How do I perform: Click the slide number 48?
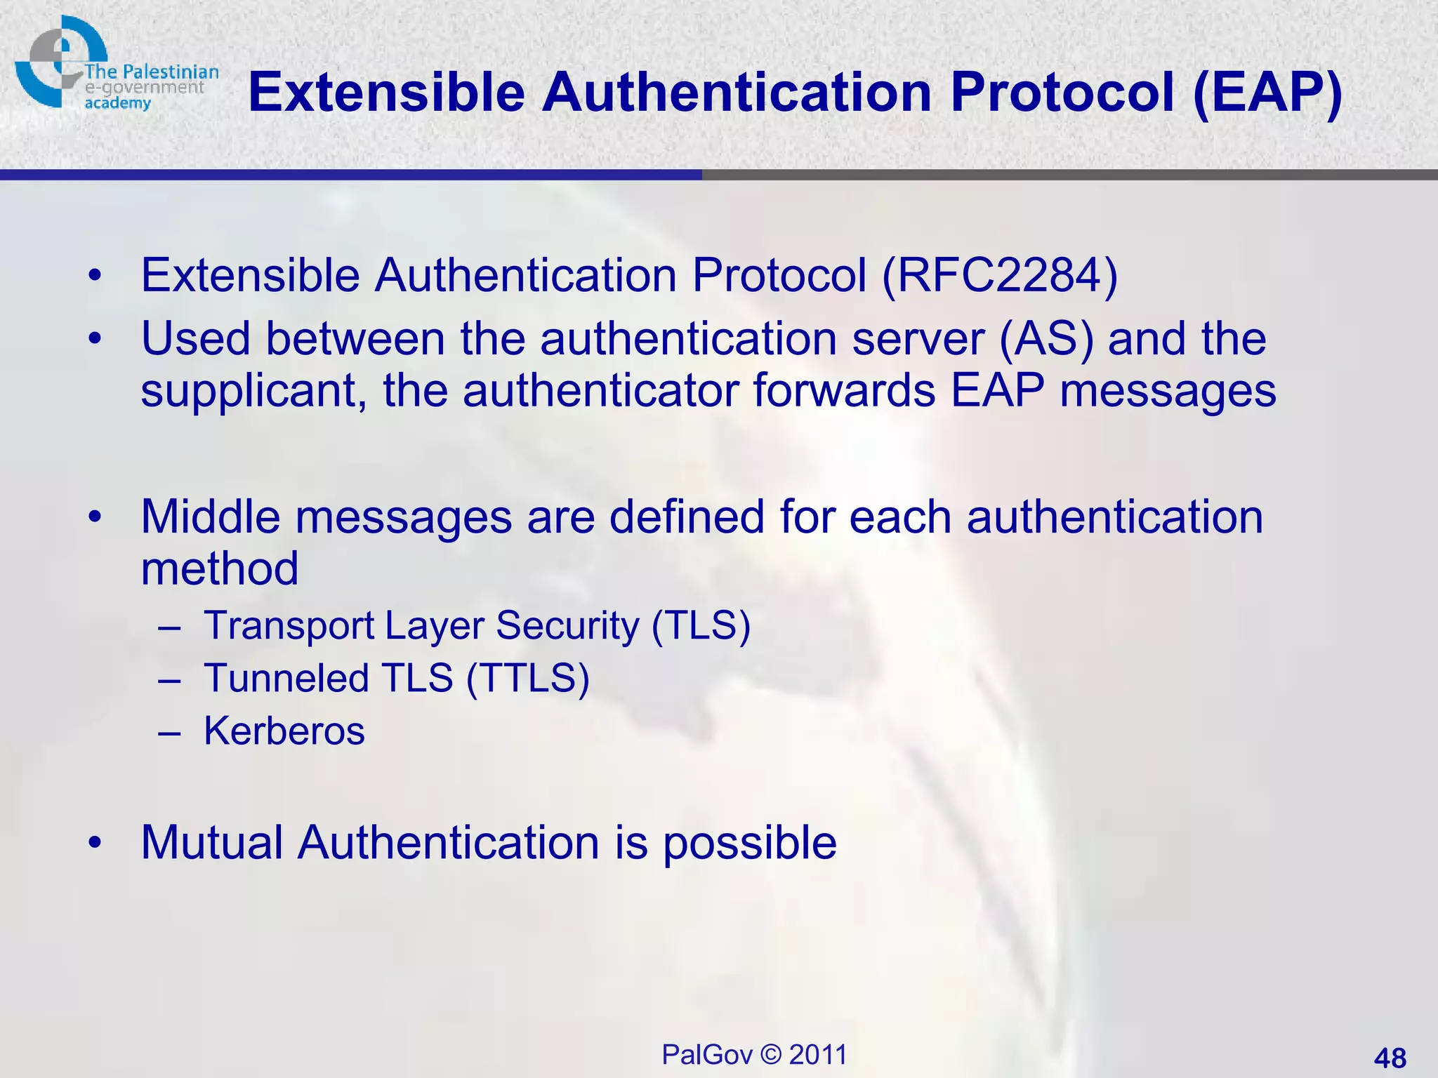[1390, 1058]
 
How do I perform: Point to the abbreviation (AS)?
[1045, 339]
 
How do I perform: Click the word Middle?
[210, 517]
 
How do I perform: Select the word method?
[220, 568]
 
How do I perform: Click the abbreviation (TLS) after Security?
[701, 625]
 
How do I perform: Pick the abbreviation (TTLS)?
[527, 678]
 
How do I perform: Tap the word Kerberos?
[284, 731]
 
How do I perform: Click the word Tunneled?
[286, 678]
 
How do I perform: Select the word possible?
[750, 843]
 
